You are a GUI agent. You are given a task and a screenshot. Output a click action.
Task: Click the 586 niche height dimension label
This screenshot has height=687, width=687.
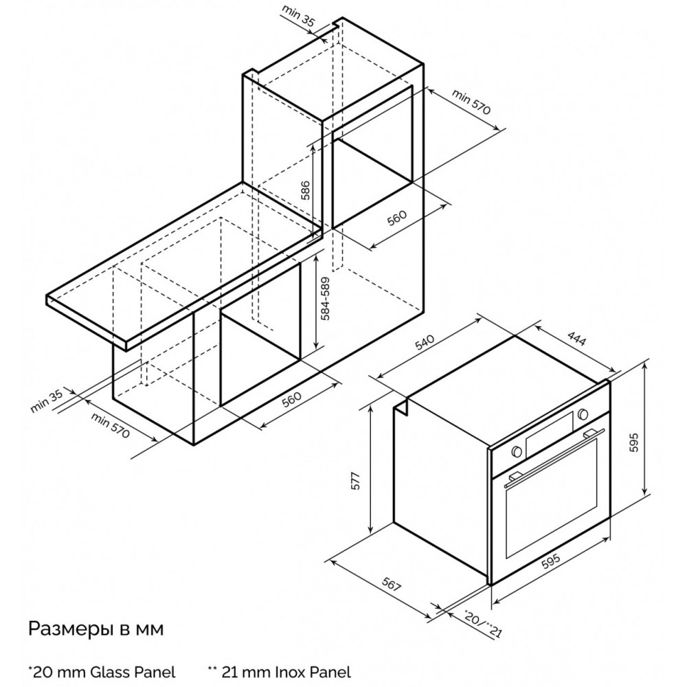(x=306, y=190)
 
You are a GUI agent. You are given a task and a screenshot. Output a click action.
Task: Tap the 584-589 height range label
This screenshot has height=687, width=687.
(x=326, y=298)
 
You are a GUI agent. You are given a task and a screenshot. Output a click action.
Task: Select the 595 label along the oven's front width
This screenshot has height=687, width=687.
(x=551, y=562)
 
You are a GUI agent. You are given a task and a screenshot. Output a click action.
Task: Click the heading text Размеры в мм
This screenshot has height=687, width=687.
(x=96, y=629)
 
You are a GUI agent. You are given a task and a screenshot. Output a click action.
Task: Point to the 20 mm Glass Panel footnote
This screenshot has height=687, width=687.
(x=102, y=672)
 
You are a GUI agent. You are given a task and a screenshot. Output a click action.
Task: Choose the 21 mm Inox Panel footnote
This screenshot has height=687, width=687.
(x=280, y=672)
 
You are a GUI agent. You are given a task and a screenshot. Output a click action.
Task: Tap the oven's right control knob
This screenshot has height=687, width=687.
(x=583, y=413)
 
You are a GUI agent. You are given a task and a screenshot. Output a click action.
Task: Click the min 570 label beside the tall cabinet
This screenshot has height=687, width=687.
(x=471, y=102)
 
